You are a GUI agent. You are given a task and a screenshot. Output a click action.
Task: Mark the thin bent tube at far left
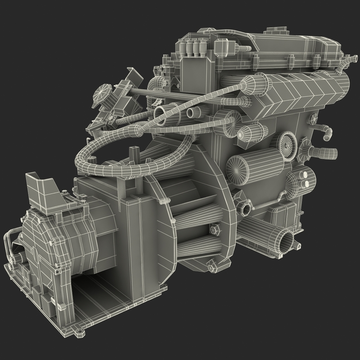[x=10, y=245]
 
